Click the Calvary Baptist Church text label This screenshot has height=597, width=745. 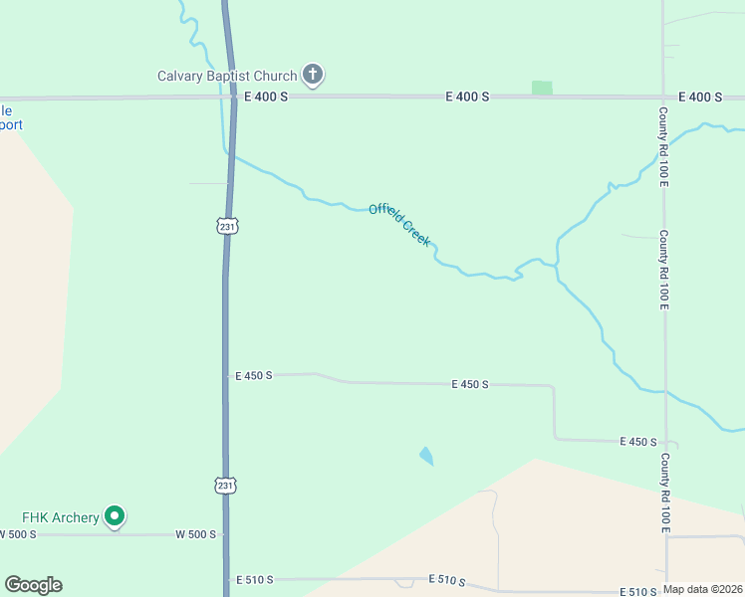pyautogui.click(x=227, y=76)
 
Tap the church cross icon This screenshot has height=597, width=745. pyautogui.click(x=314, y=74)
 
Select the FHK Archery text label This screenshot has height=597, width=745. pyautogui.click(x=61, y=517)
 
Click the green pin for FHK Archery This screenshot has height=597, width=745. pyautogui.click(x=115, y=515)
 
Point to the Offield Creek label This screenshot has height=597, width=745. pyautogui.click(x=399, y=223)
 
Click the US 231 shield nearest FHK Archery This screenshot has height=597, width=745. pyautogui.click(x=225, y=485)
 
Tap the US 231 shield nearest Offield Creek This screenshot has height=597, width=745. pyautogui.click(x=228, y=226)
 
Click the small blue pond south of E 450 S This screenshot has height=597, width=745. pyautogui.click(x=426, y=456)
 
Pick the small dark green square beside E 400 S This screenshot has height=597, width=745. pyautogui.click(x=542, y=88)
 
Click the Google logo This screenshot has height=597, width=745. pyautogui.click(x=33, y=585)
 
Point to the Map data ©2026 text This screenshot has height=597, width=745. pyautogui.click(x=703, y=589)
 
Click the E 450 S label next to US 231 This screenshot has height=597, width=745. pyautogui.click(x=253, y=376)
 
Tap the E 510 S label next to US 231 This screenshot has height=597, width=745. pyautogui.click(x=254, y=579)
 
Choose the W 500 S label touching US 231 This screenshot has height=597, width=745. pyautogui.click(x=195, y=534)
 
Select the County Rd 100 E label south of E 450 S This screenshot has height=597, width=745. pyautogui.click(x=664, y=494)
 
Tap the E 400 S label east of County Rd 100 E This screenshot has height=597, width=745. pyautogui.click(x=700, y=97)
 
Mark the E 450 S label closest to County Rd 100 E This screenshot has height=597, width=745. pyautogui.click(x=638, y=441)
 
